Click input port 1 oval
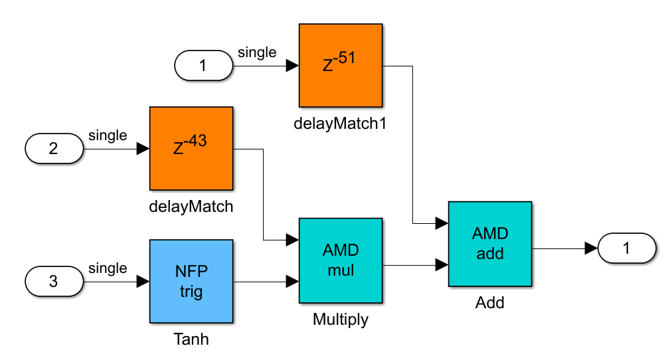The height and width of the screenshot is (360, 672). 203,66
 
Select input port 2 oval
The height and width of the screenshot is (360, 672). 54,148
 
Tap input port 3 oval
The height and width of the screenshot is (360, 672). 54,281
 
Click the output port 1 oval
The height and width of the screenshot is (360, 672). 627,248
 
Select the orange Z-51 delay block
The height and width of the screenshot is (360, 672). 340,65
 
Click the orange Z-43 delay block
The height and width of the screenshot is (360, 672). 191,148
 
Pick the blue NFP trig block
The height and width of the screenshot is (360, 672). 191,281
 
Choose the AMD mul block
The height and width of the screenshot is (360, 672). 340,260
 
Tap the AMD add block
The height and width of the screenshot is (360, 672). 489,244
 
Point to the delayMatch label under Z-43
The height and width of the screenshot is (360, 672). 191,206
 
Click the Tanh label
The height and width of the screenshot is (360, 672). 191,339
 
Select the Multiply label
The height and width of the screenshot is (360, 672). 340,319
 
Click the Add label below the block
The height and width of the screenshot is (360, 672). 489,303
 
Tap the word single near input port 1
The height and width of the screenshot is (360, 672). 256,52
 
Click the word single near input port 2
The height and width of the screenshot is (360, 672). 108,135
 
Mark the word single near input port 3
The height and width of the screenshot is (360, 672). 108,268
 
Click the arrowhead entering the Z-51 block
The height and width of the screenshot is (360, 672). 292,66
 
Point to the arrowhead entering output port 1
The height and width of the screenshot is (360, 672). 591,248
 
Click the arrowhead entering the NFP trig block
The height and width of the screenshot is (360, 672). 143,282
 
